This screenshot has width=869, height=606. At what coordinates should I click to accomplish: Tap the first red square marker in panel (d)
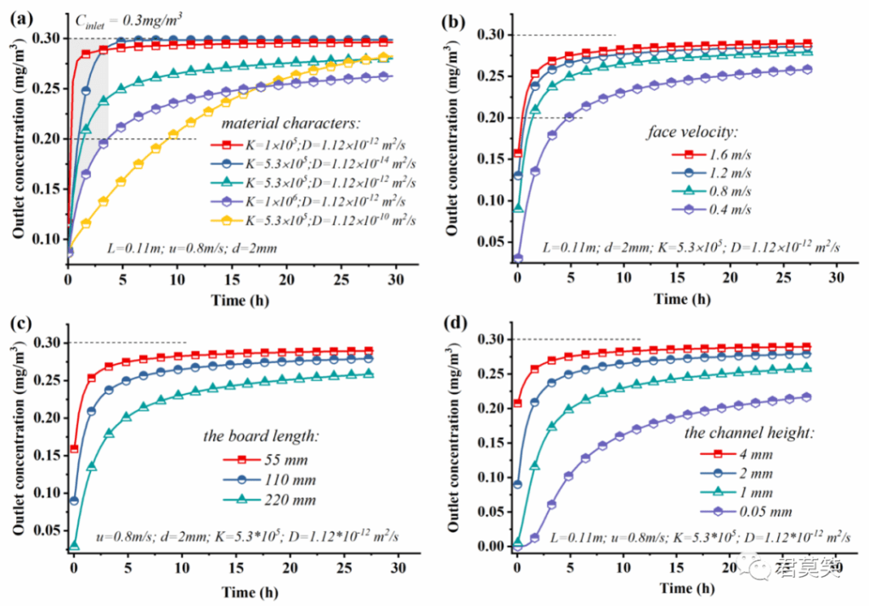point(516,403)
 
